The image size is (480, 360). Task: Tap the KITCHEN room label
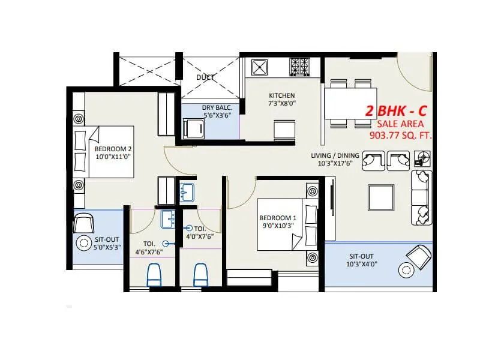[x=281, y=95]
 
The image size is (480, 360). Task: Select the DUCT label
[x=206, y=77]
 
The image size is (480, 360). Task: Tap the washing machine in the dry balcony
[x=195, y=127]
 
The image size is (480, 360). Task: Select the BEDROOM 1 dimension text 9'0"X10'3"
[x=278, y=226]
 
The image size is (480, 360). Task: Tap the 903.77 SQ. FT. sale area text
[x=401, y=135]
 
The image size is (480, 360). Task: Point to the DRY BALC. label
[x=217, y=107]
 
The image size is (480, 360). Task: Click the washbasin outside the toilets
[x=187, y=192]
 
